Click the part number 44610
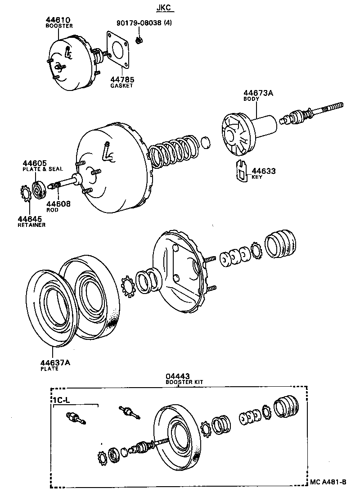[59, 20]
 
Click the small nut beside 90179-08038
[139, 41]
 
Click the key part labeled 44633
[242, 172]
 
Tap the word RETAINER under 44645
[31, 225]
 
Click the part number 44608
[58, 204]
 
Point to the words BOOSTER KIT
[184, 382]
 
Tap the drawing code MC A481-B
[328, 482]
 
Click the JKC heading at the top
[164, 8]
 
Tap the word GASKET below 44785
[122, 86]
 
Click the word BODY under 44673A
[250, 99]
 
